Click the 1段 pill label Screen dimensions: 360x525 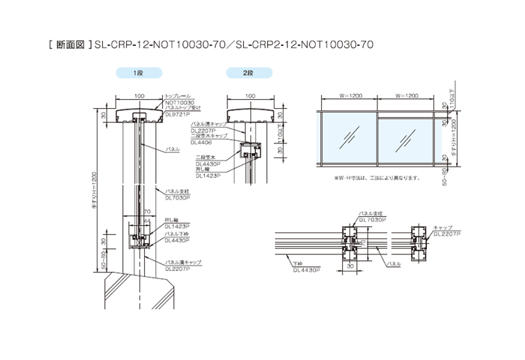(137, 73)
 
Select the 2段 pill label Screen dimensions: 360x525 (248, 73)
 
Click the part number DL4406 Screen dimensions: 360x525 (201, 142)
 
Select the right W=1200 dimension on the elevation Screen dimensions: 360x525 (406, 96)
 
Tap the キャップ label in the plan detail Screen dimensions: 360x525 (442, 227)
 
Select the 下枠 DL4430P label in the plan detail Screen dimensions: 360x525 (304, 267)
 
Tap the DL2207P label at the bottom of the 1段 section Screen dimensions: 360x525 (177, 267)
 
